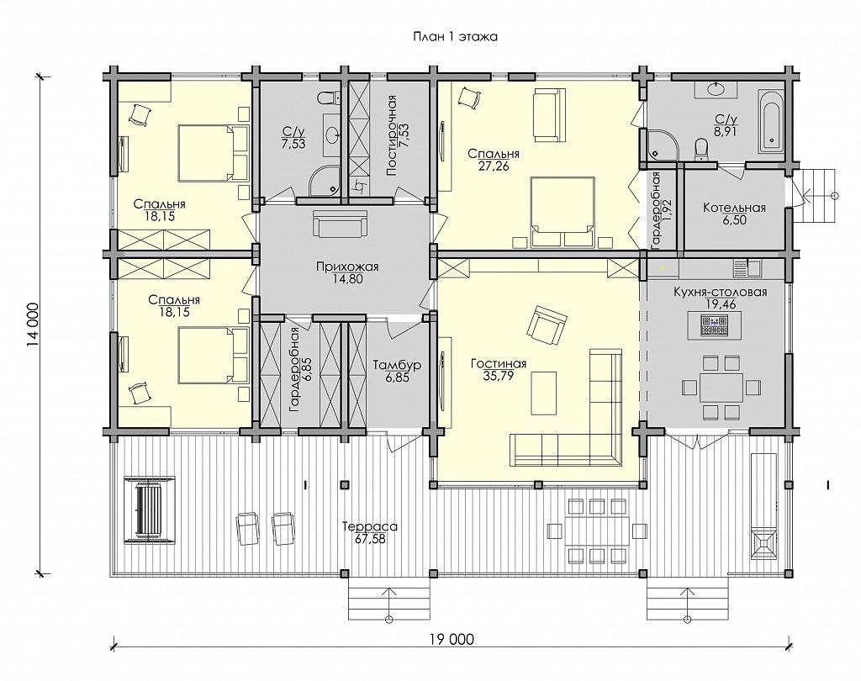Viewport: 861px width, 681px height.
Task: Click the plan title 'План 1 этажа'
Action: tap(455, 37)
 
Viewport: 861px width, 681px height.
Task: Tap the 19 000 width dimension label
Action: tap(452, 639)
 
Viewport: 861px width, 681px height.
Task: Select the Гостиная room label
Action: tap(499, 364)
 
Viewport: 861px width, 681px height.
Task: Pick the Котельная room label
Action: tap(734, 209)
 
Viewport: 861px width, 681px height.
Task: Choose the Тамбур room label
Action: tap(397, 365)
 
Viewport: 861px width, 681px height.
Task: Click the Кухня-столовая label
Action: tap(720, 293)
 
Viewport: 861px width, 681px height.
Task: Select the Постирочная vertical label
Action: tap(392, 135)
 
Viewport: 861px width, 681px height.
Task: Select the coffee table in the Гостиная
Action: tap(543, 393)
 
